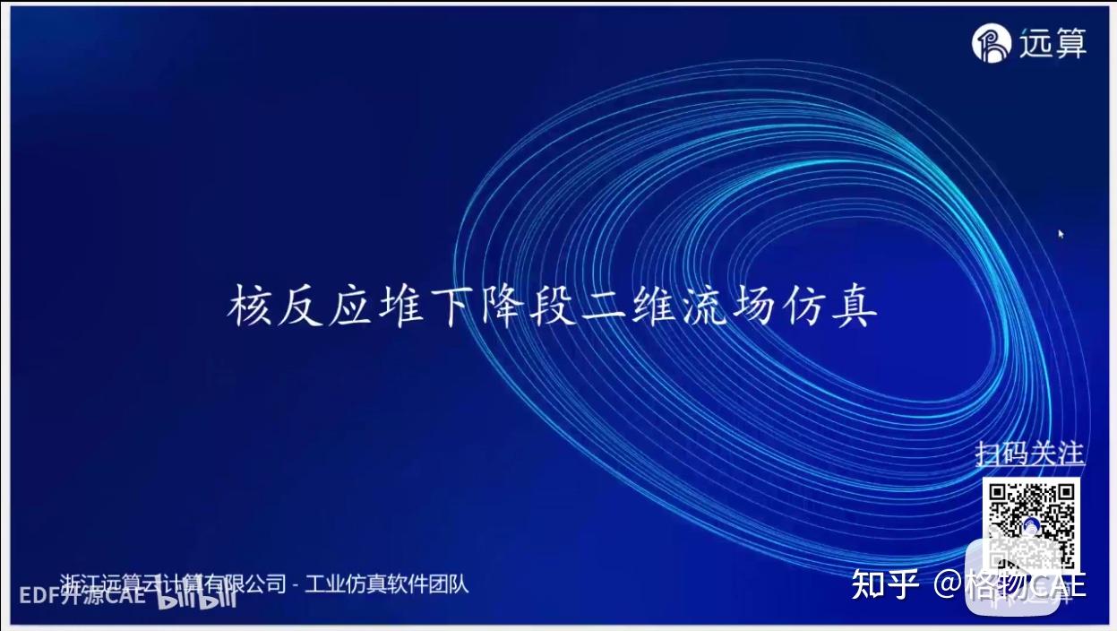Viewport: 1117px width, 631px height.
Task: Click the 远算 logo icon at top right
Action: (x=992, y=43)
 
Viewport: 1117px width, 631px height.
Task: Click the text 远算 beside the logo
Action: (x=1053, y=43)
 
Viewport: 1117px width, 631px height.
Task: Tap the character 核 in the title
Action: (x=250, y=307)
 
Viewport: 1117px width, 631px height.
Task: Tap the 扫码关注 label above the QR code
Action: (x=1029, y=454)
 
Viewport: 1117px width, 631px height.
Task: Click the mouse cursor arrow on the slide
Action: (x=1061, y=234)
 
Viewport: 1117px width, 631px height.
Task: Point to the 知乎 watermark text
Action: (x=885, y=584)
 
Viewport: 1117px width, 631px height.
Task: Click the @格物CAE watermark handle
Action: (x=1010, y=584)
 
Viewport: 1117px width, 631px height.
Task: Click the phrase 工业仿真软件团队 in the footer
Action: (x=386, y=584)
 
